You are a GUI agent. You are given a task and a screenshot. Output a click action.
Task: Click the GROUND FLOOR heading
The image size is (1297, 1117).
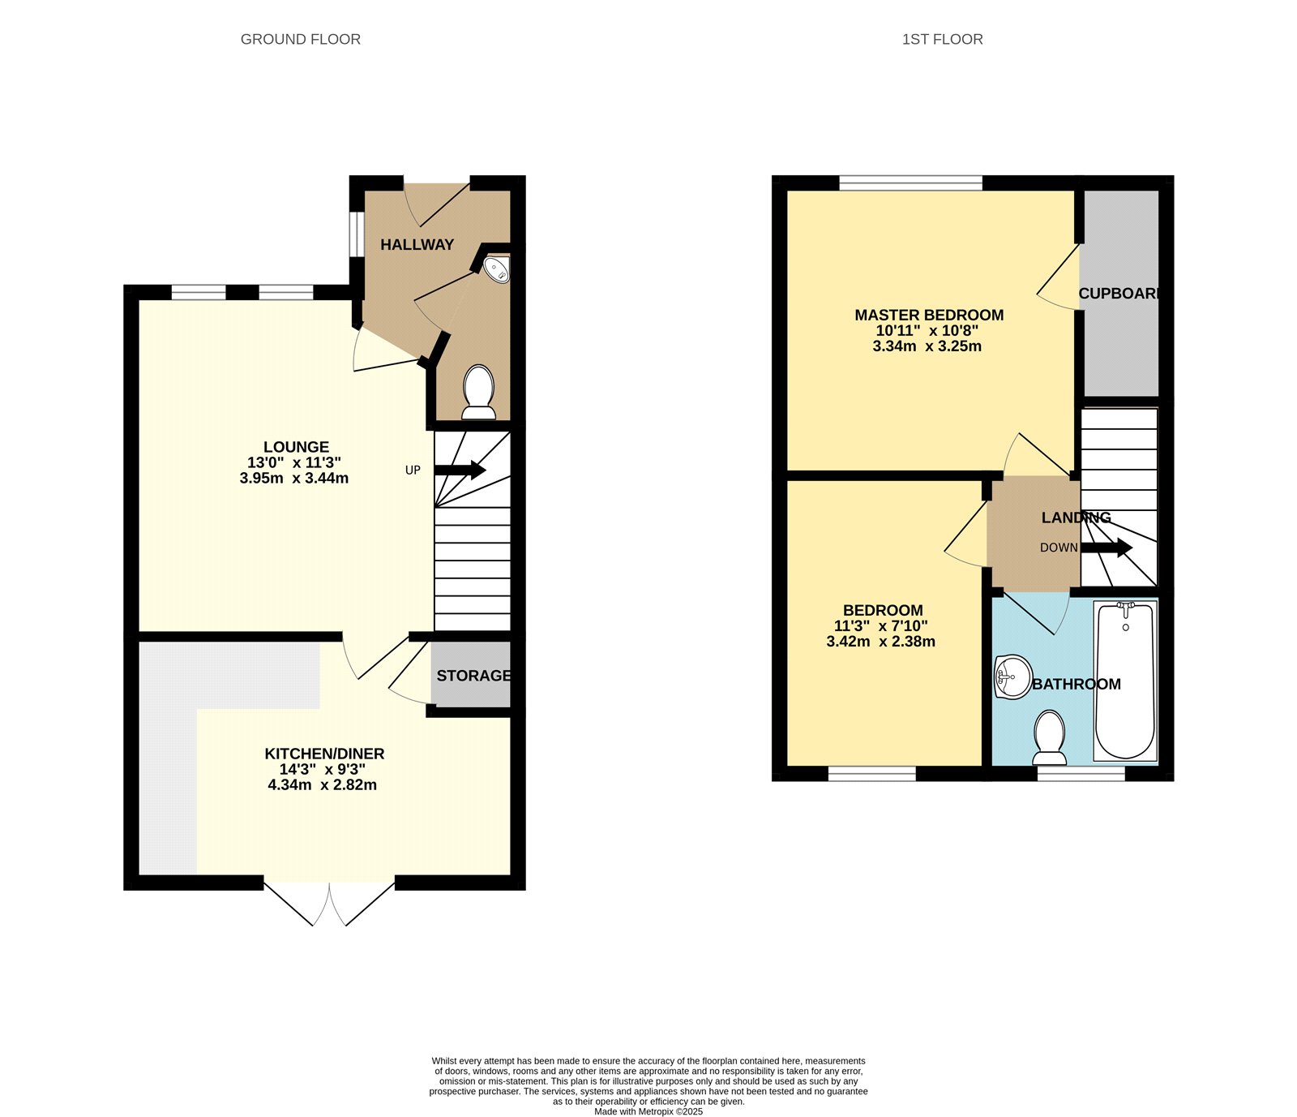pos(300,39)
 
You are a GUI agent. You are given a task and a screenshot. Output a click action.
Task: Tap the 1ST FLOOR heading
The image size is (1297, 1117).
pos(942,39)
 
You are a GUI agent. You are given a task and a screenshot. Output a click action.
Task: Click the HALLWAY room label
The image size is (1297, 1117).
pos(417,244)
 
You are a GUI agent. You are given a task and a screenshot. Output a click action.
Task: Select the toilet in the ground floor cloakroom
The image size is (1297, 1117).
pos(478,393)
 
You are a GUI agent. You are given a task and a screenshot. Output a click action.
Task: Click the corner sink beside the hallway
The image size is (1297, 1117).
pos(497,269)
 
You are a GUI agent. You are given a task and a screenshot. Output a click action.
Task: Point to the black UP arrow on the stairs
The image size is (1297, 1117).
pos(460,470)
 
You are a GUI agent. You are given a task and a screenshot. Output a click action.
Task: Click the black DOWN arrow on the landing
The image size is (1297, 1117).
pos(1107,548)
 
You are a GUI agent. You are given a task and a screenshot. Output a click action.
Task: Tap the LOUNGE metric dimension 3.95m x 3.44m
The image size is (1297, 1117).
pos(294,478)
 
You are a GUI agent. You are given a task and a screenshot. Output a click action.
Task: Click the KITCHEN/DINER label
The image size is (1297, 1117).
pos(324,754)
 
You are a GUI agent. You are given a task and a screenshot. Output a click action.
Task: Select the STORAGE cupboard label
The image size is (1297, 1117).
pos(473,675)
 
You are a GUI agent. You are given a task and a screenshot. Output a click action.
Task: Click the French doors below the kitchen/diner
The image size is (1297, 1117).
pos(329,902)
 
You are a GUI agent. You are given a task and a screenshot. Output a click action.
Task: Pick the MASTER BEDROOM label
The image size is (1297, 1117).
pos(929,315)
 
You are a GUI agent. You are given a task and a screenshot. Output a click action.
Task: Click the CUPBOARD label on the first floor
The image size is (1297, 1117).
pos(1119,294)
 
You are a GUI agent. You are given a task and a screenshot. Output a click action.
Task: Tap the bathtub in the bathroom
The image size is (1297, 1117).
pos(1125,681)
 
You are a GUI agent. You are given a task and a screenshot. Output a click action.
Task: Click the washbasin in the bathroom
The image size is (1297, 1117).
pos(1012,677)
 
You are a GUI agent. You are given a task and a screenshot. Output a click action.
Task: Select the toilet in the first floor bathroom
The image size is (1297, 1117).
pos(1050,737)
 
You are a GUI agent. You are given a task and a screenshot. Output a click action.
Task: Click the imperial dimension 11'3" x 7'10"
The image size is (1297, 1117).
pos(880,625)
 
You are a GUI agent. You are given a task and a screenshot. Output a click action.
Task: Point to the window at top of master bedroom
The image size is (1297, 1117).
pos(910,183)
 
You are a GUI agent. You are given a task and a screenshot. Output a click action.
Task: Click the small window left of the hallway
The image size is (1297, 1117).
pos(357,234)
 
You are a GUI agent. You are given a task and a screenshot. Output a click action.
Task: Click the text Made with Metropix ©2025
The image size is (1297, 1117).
pos(648,1111)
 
